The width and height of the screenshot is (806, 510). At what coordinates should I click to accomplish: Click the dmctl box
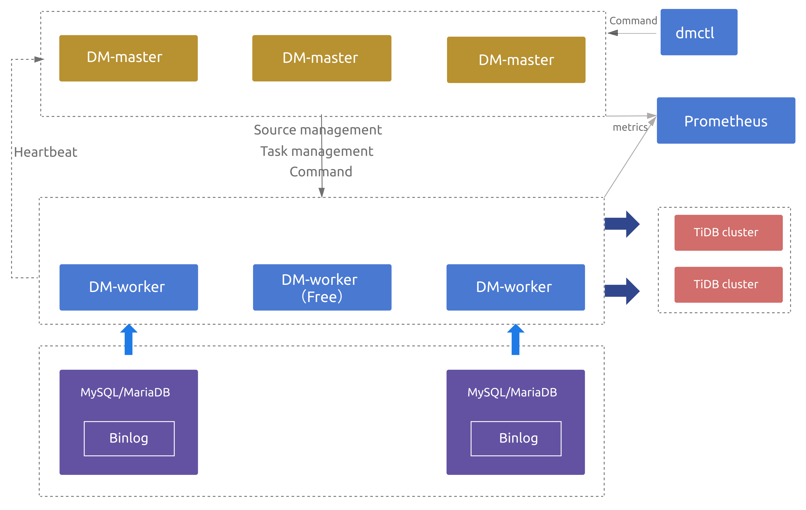699,32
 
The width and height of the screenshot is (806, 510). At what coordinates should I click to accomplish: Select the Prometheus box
726,121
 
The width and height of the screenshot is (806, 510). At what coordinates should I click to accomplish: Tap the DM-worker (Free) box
322,287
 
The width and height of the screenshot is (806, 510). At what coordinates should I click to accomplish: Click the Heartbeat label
46,152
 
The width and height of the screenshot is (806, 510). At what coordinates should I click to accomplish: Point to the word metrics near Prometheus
630,127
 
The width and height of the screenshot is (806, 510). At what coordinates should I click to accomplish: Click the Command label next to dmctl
633,21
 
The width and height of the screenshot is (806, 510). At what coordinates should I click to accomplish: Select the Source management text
317,130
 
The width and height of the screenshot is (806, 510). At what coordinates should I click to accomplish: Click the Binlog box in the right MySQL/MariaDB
516,438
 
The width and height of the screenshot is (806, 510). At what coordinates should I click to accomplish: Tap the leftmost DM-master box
128,58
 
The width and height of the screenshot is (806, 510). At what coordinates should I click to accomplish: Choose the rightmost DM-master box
516,60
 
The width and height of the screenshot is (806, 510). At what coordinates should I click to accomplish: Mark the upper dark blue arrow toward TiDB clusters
622,224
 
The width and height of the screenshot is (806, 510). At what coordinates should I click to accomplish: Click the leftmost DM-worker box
129,287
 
